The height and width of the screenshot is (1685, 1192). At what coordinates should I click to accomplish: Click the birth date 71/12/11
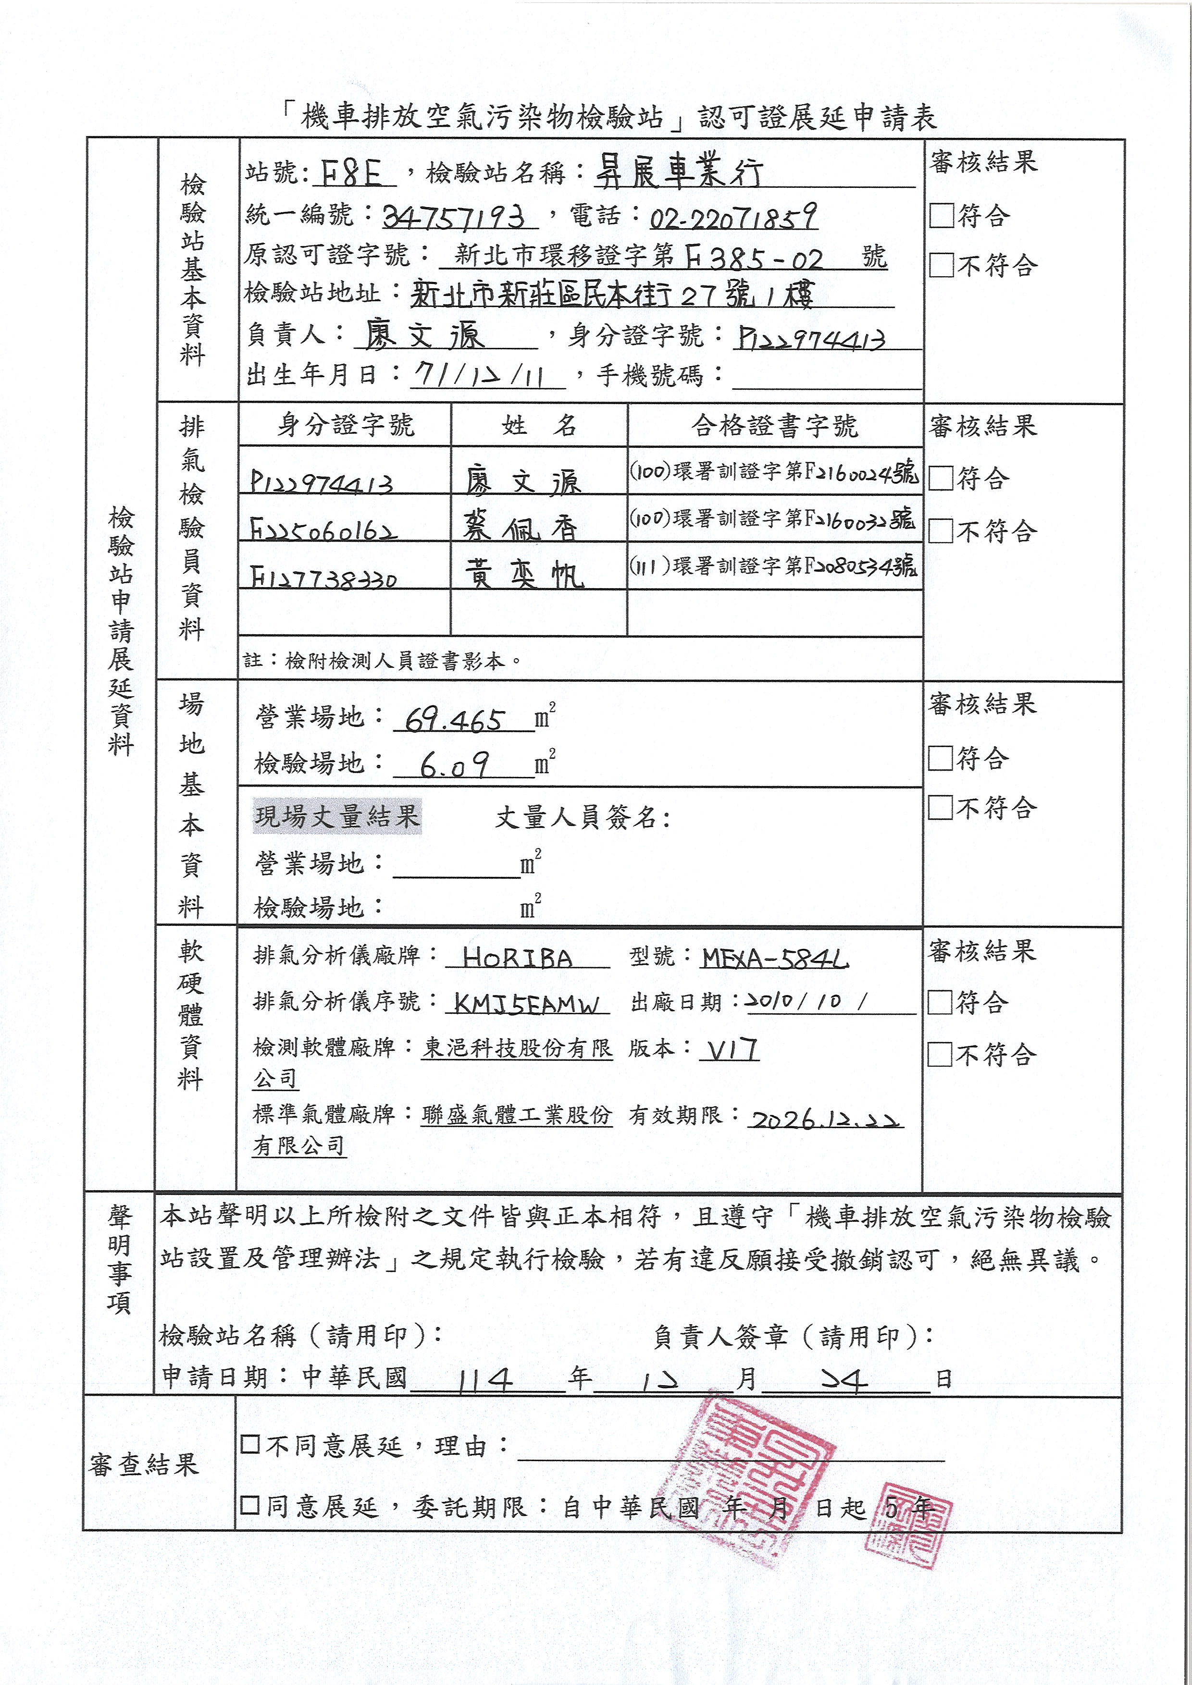tap(479, 376)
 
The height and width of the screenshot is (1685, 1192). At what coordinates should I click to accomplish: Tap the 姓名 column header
tap(539, 425)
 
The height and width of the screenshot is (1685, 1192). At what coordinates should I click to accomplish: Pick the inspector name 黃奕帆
tap(523, 574)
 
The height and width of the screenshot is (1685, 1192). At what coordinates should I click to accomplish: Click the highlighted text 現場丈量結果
tap(337, 816)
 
